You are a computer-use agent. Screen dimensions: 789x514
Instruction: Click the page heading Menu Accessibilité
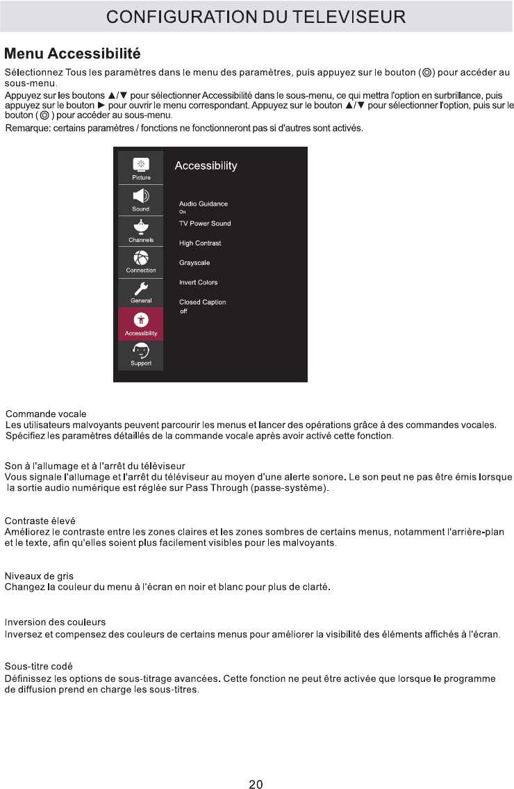[72, 53]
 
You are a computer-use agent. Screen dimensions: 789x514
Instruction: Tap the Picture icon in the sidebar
[141, 164]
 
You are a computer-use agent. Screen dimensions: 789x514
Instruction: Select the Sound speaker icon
[141, 196]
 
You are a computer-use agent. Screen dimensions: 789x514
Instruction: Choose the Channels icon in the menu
[141, 227]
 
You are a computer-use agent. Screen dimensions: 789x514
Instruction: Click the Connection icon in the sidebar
[141, 258]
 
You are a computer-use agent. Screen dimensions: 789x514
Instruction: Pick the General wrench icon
[141, 288]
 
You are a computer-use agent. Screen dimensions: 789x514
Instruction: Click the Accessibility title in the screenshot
[206, 165]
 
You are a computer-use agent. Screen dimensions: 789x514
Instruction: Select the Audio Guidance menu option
[204, 204]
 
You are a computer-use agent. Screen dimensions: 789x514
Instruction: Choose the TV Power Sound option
[205, 224]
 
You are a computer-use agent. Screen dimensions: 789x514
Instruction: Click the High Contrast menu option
[200, 243]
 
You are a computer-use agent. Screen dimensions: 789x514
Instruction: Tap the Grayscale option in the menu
[194, 263]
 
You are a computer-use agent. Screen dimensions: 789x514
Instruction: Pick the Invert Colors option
[198, 282]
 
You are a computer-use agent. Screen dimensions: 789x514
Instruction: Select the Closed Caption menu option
[202, 302]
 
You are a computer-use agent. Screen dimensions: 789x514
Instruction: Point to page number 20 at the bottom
[256, 765]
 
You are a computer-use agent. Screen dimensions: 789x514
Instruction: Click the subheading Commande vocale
[46, 414]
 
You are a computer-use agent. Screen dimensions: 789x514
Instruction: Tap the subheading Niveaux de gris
[39, 576]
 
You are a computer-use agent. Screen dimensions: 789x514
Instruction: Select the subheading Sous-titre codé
[39, 667]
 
